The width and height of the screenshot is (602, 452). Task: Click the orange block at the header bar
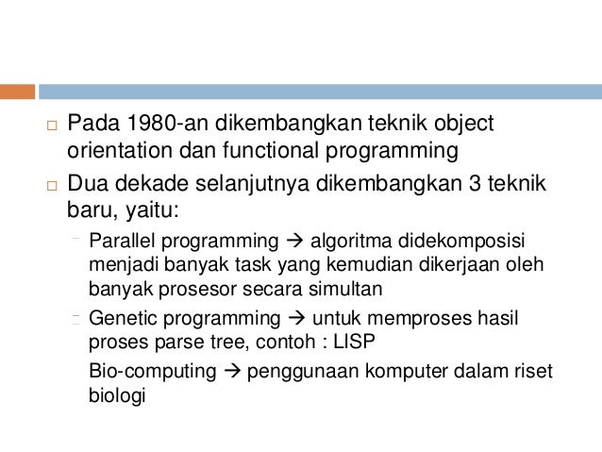point(17,92)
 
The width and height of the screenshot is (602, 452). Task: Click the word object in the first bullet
point(464,124)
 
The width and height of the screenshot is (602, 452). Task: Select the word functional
point(271,150)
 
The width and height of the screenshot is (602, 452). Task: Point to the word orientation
point(120,150)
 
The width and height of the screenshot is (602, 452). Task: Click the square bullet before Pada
point(52,126)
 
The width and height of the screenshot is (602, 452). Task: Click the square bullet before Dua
point(52,186)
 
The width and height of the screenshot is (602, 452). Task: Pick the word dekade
point(152,183)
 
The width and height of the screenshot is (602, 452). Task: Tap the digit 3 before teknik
point(475,184)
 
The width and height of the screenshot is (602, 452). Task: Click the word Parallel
point(122,242)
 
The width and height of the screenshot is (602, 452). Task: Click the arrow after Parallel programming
point(294,242)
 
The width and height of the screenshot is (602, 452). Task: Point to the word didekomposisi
point(461,242)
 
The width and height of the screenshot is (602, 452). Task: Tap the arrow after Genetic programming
point(297,318)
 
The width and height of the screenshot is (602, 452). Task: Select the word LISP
point(354,342)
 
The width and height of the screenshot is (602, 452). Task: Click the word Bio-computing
point(153,372)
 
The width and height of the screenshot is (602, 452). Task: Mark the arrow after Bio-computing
point(231,371)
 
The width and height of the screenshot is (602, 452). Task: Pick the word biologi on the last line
point(117,395)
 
